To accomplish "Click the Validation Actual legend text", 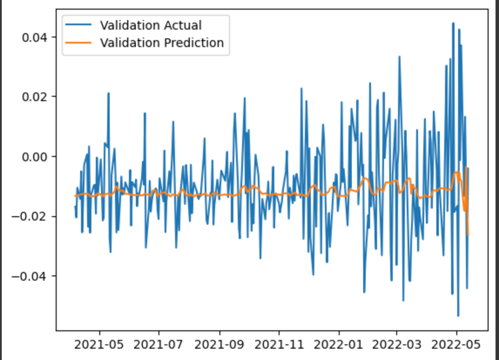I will (151, 25).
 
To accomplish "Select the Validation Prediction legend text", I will (162, 43).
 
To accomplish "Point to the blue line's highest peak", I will (453, 23).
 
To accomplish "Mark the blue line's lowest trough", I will (458, 316).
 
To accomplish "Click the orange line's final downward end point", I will (468, 235).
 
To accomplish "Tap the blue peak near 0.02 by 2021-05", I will (108, 93).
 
